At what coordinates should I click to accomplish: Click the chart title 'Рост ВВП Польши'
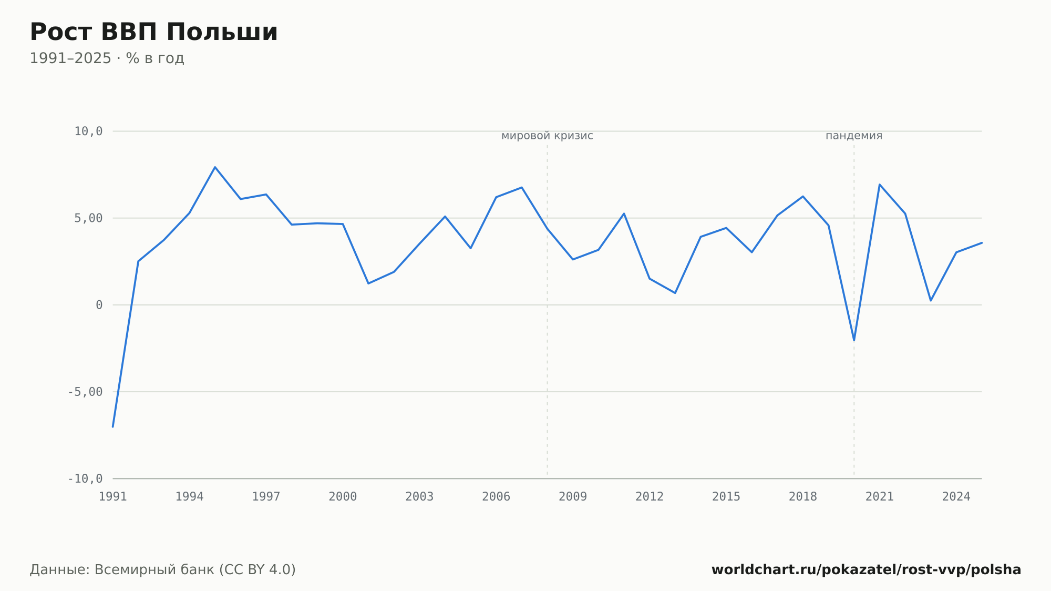(x=153, y=33)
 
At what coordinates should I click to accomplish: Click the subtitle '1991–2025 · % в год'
(x=107, y=58)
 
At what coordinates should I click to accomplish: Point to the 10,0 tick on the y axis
(x=88, y=131)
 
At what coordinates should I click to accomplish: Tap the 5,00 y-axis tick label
(x=88, y=218)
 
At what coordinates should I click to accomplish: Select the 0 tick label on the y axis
(x=99, y=305)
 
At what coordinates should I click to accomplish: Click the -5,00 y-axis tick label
(x=85, y=392)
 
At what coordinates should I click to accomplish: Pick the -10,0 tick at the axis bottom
(x=85, y=478)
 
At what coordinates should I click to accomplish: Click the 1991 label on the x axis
(x=113, y=497)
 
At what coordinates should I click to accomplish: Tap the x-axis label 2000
(x=343, y=497)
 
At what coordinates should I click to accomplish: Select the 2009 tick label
(x=573, y=497)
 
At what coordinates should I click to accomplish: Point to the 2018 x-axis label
(x=803, y=497)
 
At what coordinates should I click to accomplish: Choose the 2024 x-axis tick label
(x=956, y=497)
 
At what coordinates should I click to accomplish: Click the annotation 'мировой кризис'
(x=547, y=136)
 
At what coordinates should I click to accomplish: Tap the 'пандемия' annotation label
(x=854, y=136)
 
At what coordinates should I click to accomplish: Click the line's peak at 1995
(x=215, y=167)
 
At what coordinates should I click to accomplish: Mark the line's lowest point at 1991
(x=113, y=426)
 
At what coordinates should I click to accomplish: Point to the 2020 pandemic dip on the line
(x=854, y=340)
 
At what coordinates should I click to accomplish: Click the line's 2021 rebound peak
(x=880, y=185)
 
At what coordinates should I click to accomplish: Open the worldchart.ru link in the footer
(x=866, y=570)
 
